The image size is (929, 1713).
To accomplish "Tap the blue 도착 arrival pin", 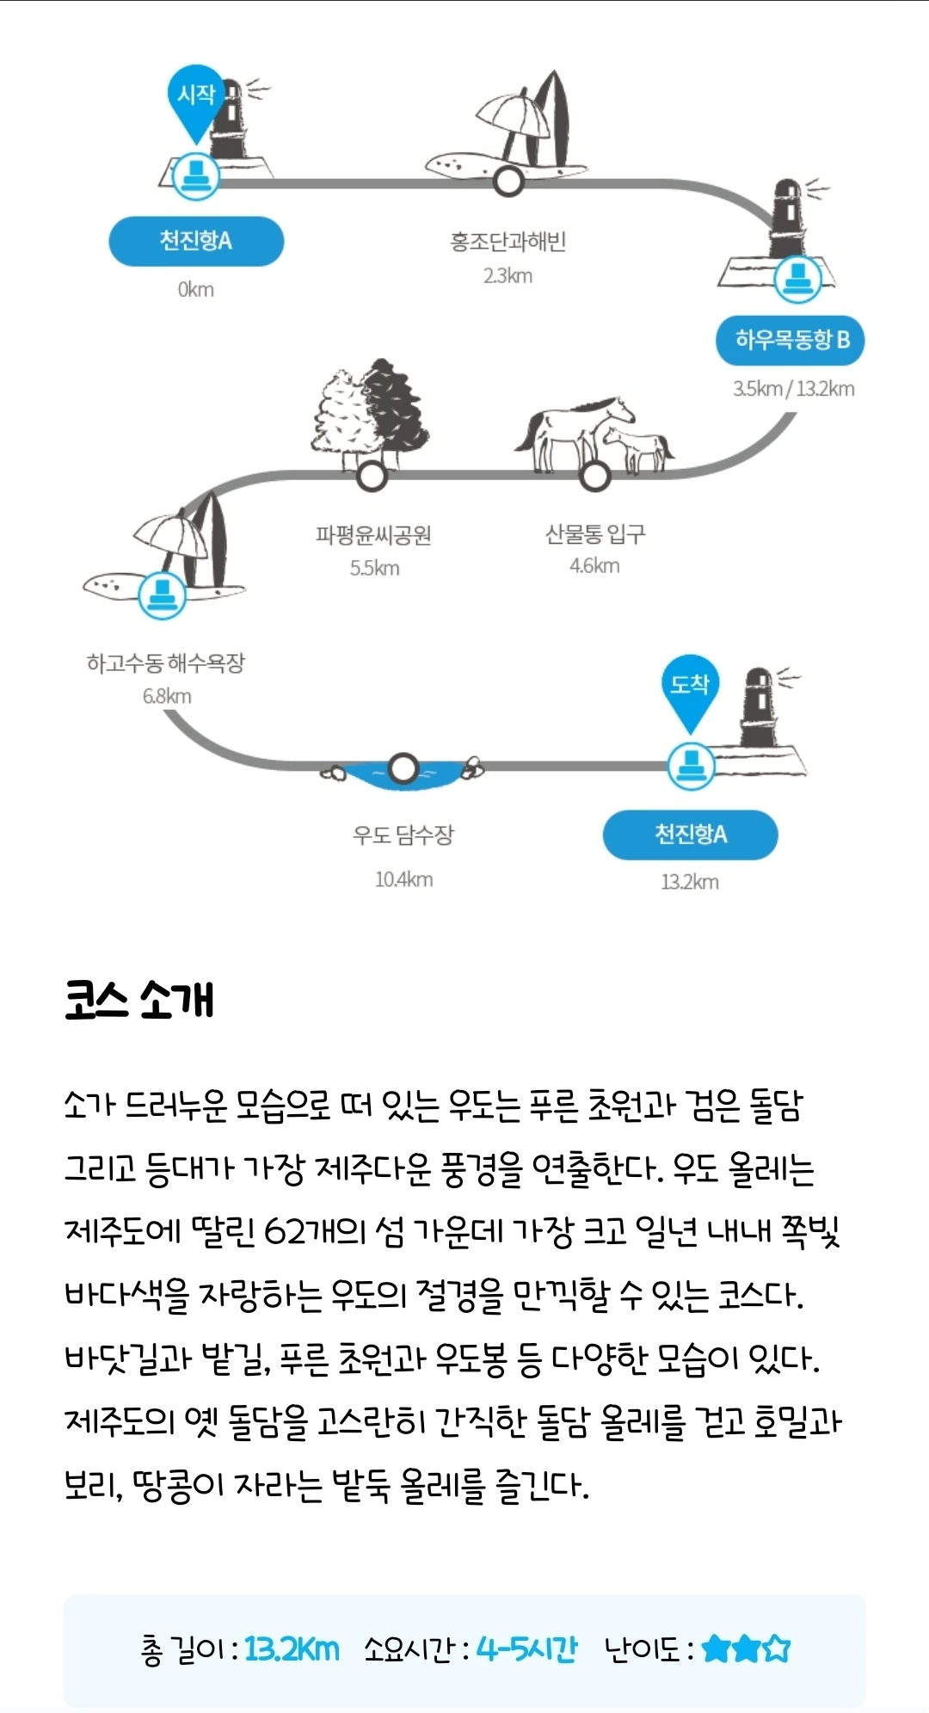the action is tap(690, 687).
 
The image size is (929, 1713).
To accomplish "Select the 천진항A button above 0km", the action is tap(196, 241).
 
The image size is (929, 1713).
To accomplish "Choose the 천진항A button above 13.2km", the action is tap(690, 835).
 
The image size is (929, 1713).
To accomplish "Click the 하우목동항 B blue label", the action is tap(791, 341).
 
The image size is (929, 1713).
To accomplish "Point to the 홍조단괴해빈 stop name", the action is tap(508, 242).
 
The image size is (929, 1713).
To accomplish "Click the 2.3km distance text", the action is tap(508, 276).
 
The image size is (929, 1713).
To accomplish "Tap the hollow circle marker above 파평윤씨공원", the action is tap(372, 474).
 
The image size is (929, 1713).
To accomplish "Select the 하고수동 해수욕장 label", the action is tap(166, 663).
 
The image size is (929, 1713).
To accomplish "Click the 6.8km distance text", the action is tap(167, 697).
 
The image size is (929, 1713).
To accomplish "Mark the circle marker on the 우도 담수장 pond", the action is tap(403, 768).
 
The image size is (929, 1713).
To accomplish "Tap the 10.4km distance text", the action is tap(403, 879).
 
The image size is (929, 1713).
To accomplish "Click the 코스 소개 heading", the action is tap(139, 1001).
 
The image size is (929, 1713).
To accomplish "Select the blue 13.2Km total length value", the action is tap(292, 1649).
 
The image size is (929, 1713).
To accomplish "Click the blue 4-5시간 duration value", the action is tap(526, 1649).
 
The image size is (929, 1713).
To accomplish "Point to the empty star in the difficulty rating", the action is tap(776, 1648).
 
